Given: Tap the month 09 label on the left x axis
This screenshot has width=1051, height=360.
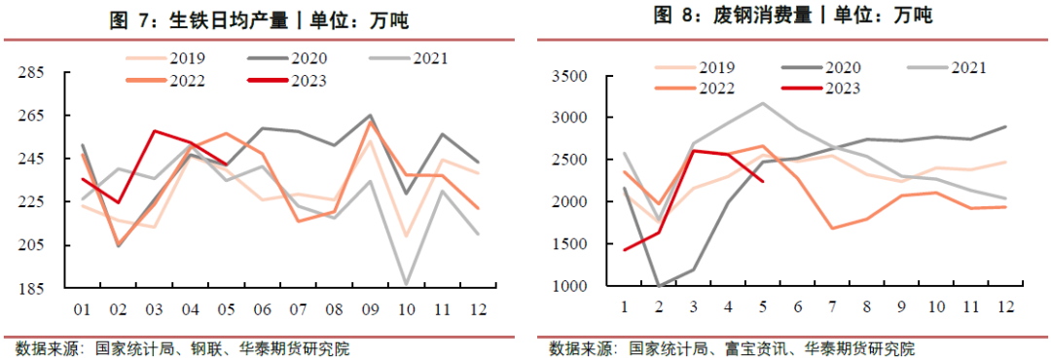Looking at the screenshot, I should pyautogui.click(x=370, y=311).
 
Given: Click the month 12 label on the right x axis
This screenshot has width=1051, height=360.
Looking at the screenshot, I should pyautogui.click(x=1005, y=307).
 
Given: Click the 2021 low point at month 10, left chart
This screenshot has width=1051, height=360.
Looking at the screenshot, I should pyautogui.click(x=405, y=284).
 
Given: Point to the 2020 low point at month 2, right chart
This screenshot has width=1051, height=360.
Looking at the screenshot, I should pyautogui.click(x=659, y=286).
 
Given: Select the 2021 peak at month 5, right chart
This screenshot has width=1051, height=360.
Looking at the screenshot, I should pyautogui.click(x=762, y=103).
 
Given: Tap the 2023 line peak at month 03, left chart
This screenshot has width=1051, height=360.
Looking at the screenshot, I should pyautogui.click(x=154, y=130).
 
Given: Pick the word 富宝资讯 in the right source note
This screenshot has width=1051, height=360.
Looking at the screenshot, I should pyautogui.click(x=755, y=347).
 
